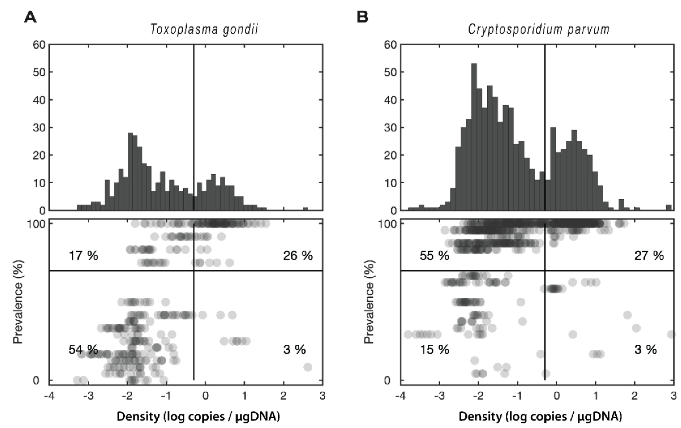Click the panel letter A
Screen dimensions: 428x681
30,17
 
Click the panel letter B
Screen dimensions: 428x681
362,17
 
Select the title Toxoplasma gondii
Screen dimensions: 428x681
204,29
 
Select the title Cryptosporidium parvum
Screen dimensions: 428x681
538,29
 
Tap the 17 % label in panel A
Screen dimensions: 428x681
83,256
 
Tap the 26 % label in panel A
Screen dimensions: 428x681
298,256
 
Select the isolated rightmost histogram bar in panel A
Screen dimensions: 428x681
306,209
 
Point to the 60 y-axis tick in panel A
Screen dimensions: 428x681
39,45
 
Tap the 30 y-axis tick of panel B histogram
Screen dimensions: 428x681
390,128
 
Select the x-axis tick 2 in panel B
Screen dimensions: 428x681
635,396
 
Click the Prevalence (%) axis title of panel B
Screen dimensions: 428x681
368,302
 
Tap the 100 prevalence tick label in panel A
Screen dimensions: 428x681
36,224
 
